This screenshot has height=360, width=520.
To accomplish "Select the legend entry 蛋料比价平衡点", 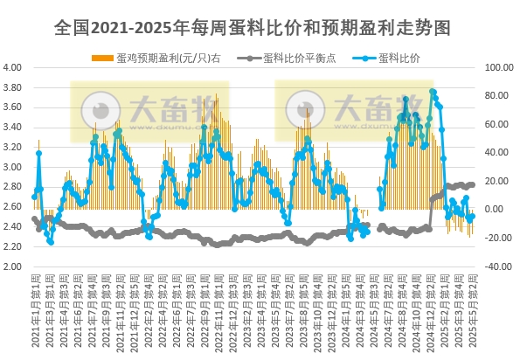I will point(291,59).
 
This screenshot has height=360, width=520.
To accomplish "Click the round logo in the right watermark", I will point(302,111).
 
